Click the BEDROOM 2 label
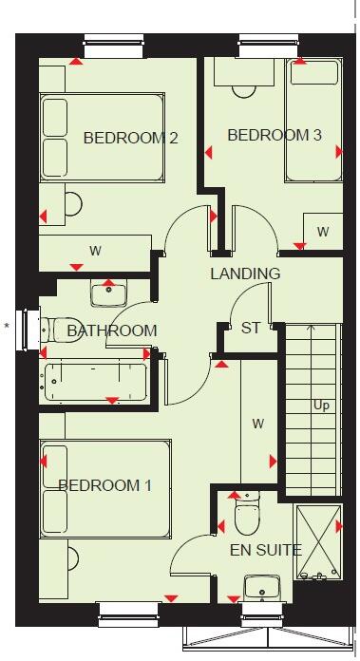(131, 138)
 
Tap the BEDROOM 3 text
(274, 135)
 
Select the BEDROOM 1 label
(104, 485)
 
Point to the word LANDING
(245, 274)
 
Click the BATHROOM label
(112, 330)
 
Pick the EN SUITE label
(266, 549)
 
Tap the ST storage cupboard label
(251, 328)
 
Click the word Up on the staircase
(321, 405)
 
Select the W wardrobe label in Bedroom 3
(323, 232)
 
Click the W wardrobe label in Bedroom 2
(95, 251)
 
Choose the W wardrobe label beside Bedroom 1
(256, 423)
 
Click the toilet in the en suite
(247, 516)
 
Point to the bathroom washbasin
(107, 293)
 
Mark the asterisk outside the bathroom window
(7, 327)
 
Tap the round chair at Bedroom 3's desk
(244, 87)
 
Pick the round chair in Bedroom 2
(70, 203)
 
